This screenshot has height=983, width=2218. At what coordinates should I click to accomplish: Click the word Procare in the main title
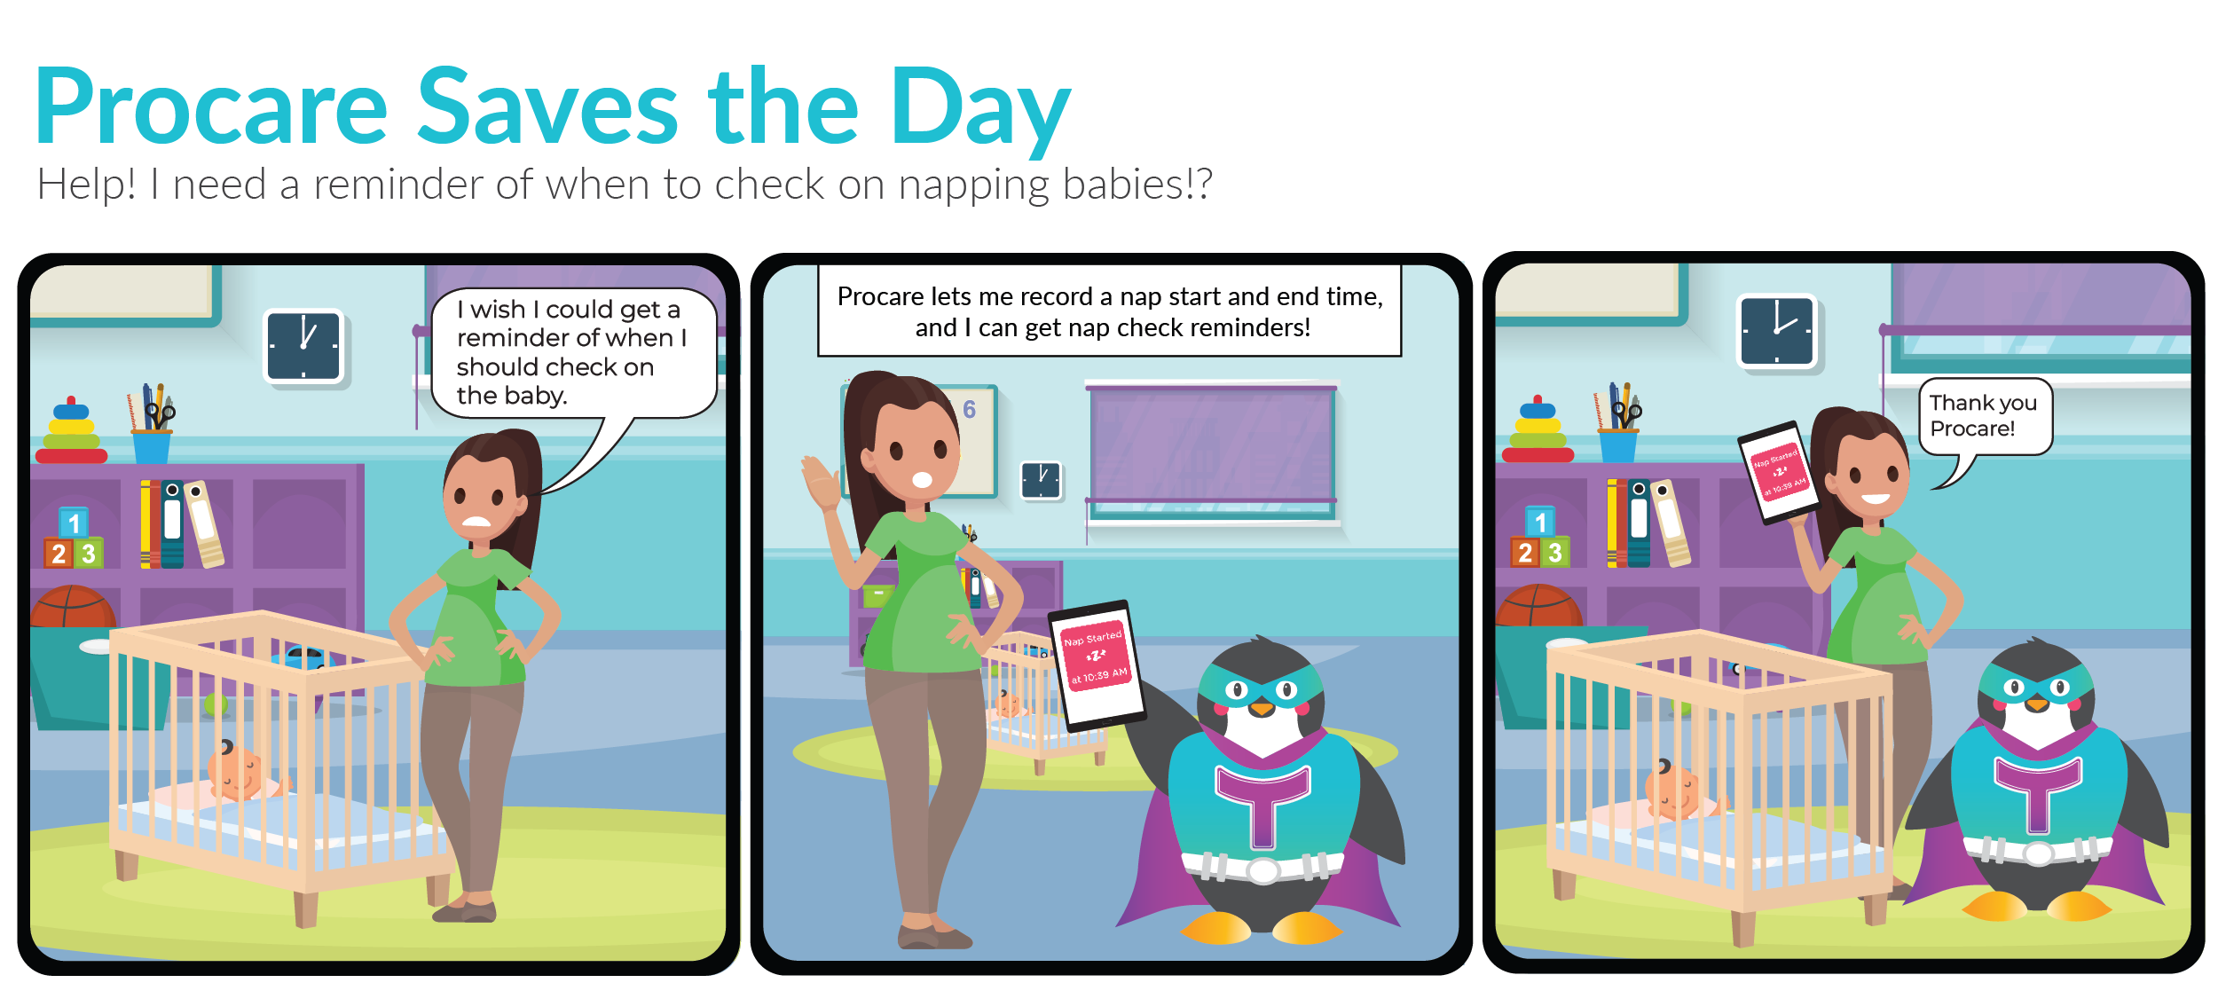[211, 106]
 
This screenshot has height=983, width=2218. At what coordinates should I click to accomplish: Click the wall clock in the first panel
[303, 345]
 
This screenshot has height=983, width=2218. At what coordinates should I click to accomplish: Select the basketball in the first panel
[73, 607]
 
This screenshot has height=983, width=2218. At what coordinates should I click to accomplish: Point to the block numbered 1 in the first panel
[74, 523]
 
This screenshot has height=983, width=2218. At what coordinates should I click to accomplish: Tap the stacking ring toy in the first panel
[71, 431]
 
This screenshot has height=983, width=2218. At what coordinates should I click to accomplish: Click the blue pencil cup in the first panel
[152, 446]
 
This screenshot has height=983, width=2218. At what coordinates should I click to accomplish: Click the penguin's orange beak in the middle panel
[1261, 707]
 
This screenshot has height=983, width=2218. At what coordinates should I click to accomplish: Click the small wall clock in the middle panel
[1041, 480]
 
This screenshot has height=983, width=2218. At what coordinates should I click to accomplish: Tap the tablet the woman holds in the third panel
[1779, 472]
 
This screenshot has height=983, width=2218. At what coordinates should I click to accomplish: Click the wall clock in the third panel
[1777, 331]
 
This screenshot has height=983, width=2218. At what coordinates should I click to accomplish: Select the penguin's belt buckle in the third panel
[2038, 853]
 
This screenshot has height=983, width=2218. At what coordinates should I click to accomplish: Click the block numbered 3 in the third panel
[1554, 553]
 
